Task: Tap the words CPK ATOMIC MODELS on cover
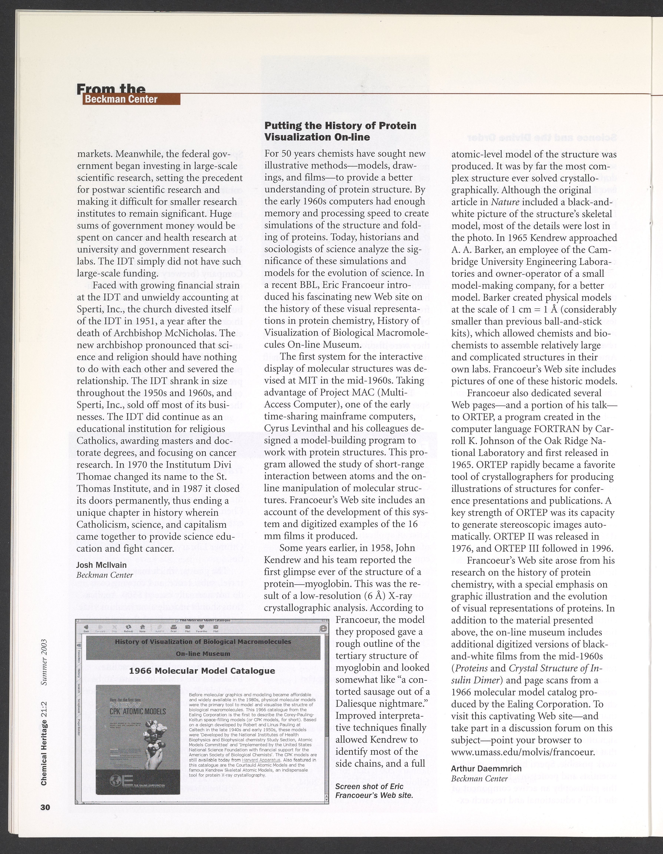point(138,711)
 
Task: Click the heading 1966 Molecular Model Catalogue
point(202,671)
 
